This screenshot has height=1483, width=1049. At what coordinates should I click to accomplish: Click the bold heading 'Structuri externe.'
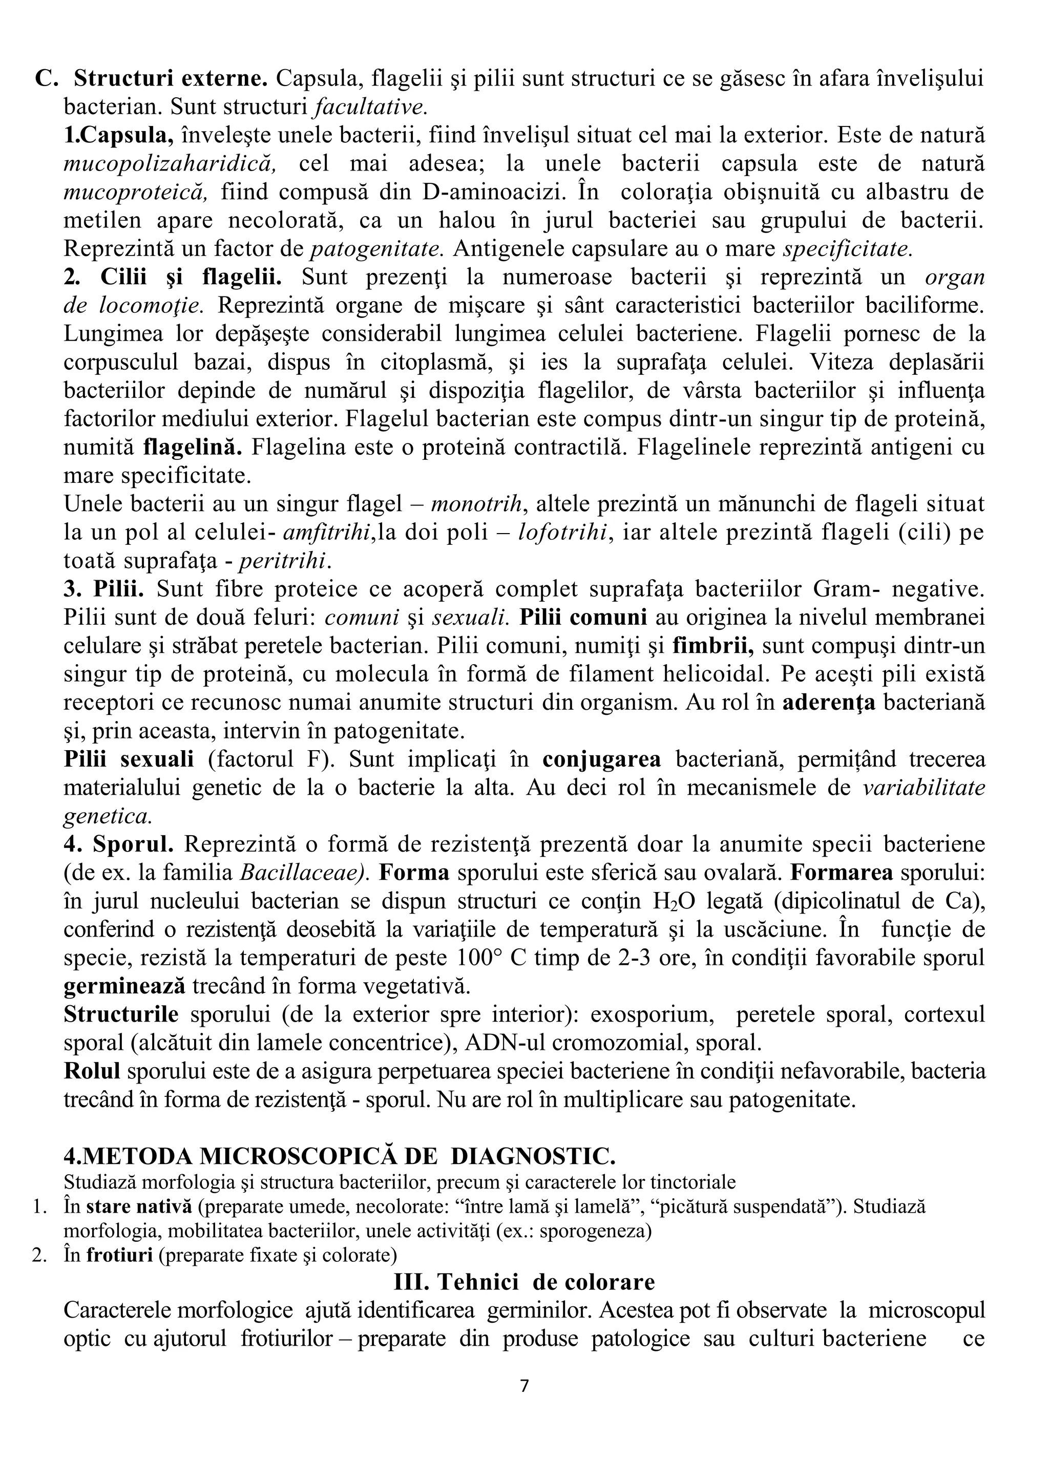coord(171,79)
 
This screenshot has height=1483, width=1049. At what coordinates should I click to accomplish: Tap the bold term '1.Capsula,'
coord(118,136)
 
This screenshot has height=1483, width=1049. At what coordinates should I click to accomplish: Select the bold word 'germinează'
coord(124,986)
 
